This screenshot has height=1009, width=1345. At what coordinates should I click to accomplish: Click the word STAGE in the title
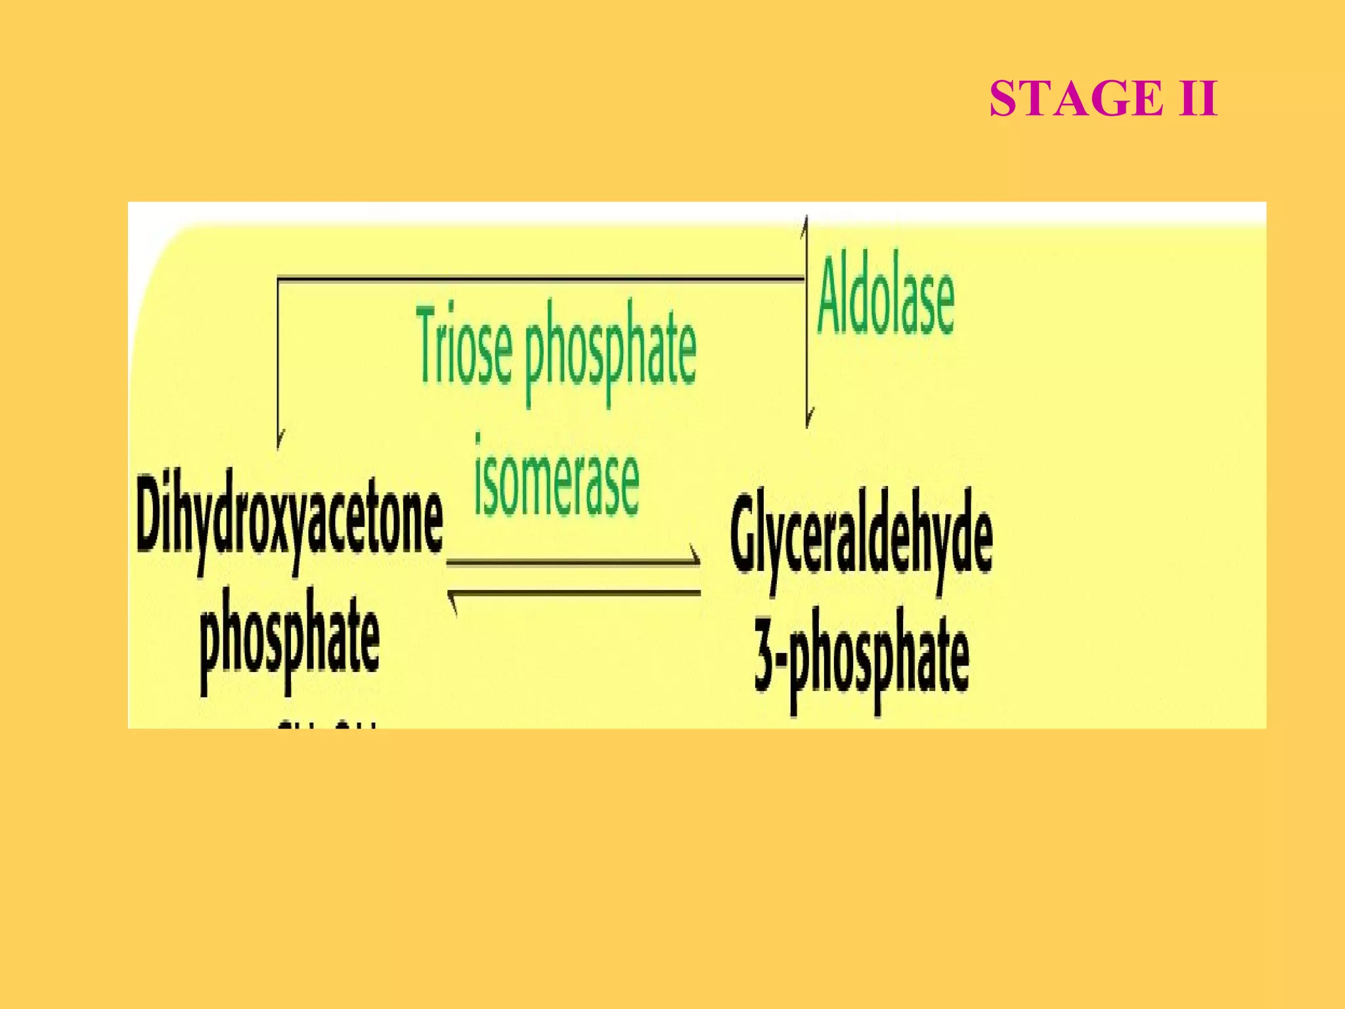pyautogui.click(x=1076, y=99)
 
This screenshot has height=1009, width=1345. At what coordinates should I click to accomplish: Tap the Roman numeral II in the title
pyautogui.click(x=1198, y=99)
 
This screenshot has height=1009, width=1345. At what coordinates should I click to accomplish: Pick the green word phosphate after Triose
pyautogui.click(x=610, y=351)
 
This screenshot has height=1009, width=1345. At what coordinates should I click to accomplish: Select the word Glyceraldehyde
pyautogui.click(x=861, y=535)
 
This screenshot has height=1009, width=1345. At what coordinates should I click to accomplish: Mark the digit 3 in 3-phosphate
pyautogui.click(x=764, y=650)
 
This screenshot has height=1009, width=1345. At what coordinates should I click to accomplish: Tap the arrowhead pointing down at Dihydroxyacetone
pyautogui.click(x=279, y=439)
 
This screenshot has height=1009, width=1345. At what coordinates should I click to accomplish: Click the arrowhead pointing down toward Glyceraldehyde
pyautogui.click(x=808, y=417)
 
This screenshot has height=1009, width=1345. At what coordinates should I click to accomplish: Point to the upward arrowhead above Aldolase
pyautogui.click(x=805, y=225)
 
